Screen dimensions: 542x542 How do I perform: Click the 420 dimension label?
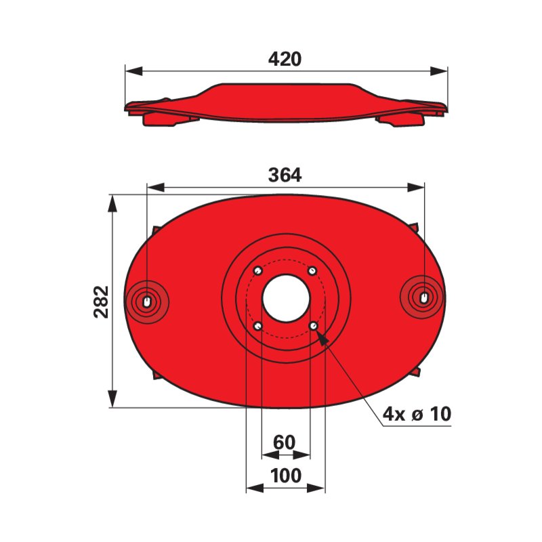285,59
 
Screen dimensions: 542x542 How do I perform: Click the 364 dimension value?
285,175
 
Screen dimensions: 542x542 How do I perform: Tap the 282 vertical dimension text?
101,301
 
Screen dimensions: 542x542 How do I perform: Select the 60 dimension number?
285,442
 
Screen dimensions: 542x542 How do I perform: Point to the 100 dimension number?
285,476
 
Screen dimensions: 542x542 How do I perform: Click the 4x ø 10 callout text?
417,414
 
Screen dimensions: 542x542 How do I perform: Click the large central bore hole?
286,299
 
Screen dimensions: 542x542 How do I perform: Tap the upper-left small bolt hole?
258,271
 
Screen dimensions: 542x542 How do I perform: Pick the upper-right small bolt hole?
312,271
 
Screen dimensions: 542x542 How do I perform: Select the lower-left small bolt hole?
258,326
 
